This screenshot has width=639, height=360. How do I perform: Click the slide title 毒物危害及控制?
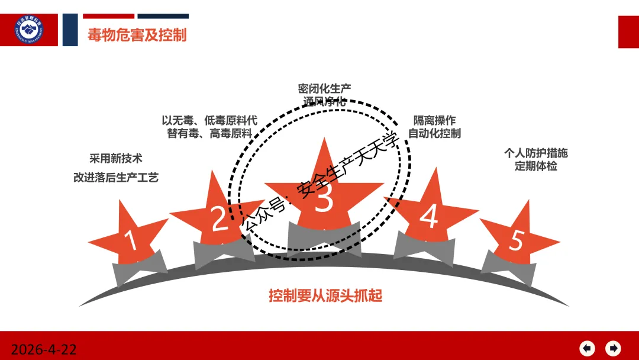point(137,35)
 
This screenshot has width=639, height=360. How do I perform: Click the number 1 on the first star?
point(131,242)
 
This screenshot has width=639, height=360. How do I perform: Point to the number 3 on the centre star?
point(324,199)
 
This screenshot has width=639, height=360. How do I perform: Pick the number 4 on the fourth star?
point(428,217)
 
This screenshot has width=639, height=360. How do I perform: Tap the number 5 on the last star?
point(517,240)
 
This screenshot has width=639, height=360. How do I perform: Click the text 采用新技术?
point(116,159)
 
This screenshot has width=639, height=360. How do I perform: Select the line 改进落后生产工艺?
point(116,177)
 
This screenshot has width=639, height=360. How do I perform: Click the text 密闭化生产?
point(324,88)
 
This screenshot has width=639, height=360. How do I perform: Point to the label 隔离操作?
point(435,120)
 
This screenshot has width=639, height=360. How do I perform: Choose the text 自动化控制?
point(435,133)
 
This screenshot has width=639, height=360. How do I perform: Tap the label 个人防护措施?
point(536,153)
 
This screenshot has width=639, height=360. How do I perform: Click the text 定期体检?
point(536,166)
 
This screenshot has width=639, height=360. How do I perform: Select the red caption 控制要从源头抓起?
point(325,295)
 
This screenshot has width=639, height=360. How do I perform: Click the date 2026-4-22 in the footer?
point(44,349)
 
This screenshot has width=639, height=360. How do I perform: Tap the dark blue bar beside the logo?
point(70,30)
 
